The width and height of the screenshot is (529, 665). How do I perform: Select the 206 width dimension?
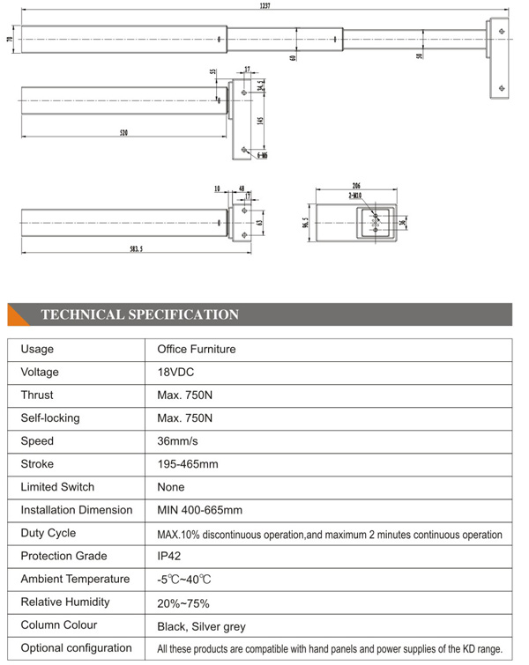point(355,187)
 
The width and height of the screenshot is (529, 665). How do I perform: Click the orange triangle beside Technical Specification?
point(19,314)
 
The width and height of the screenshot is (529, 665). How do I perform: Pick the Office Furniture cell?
point(196,349)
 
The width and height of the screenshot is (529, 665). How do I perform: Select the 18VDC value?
point(176,372)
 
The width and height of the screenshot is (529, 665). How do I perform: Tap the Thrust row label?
point(38,395)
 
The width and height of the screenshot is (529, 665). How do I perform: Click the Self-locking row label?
point(50,418)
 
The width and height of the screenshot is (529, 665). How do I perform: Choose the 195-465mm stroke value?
point(188,464)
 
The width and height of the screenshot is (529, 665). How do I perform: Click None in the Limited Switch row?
point(171,487)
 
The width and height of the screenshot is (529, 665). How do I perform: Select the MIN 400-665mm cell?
point(199,510)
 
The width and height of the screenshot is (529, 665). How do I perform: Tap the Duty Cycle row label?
point(48,533)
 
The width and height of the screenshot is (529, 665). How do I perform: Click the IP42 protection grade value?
point(170,556)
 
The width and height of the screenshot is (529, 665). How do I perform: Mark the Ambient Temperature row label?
point(75,579)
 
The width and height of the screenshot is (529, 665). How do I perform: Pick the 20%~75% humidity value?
point(183,602)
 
